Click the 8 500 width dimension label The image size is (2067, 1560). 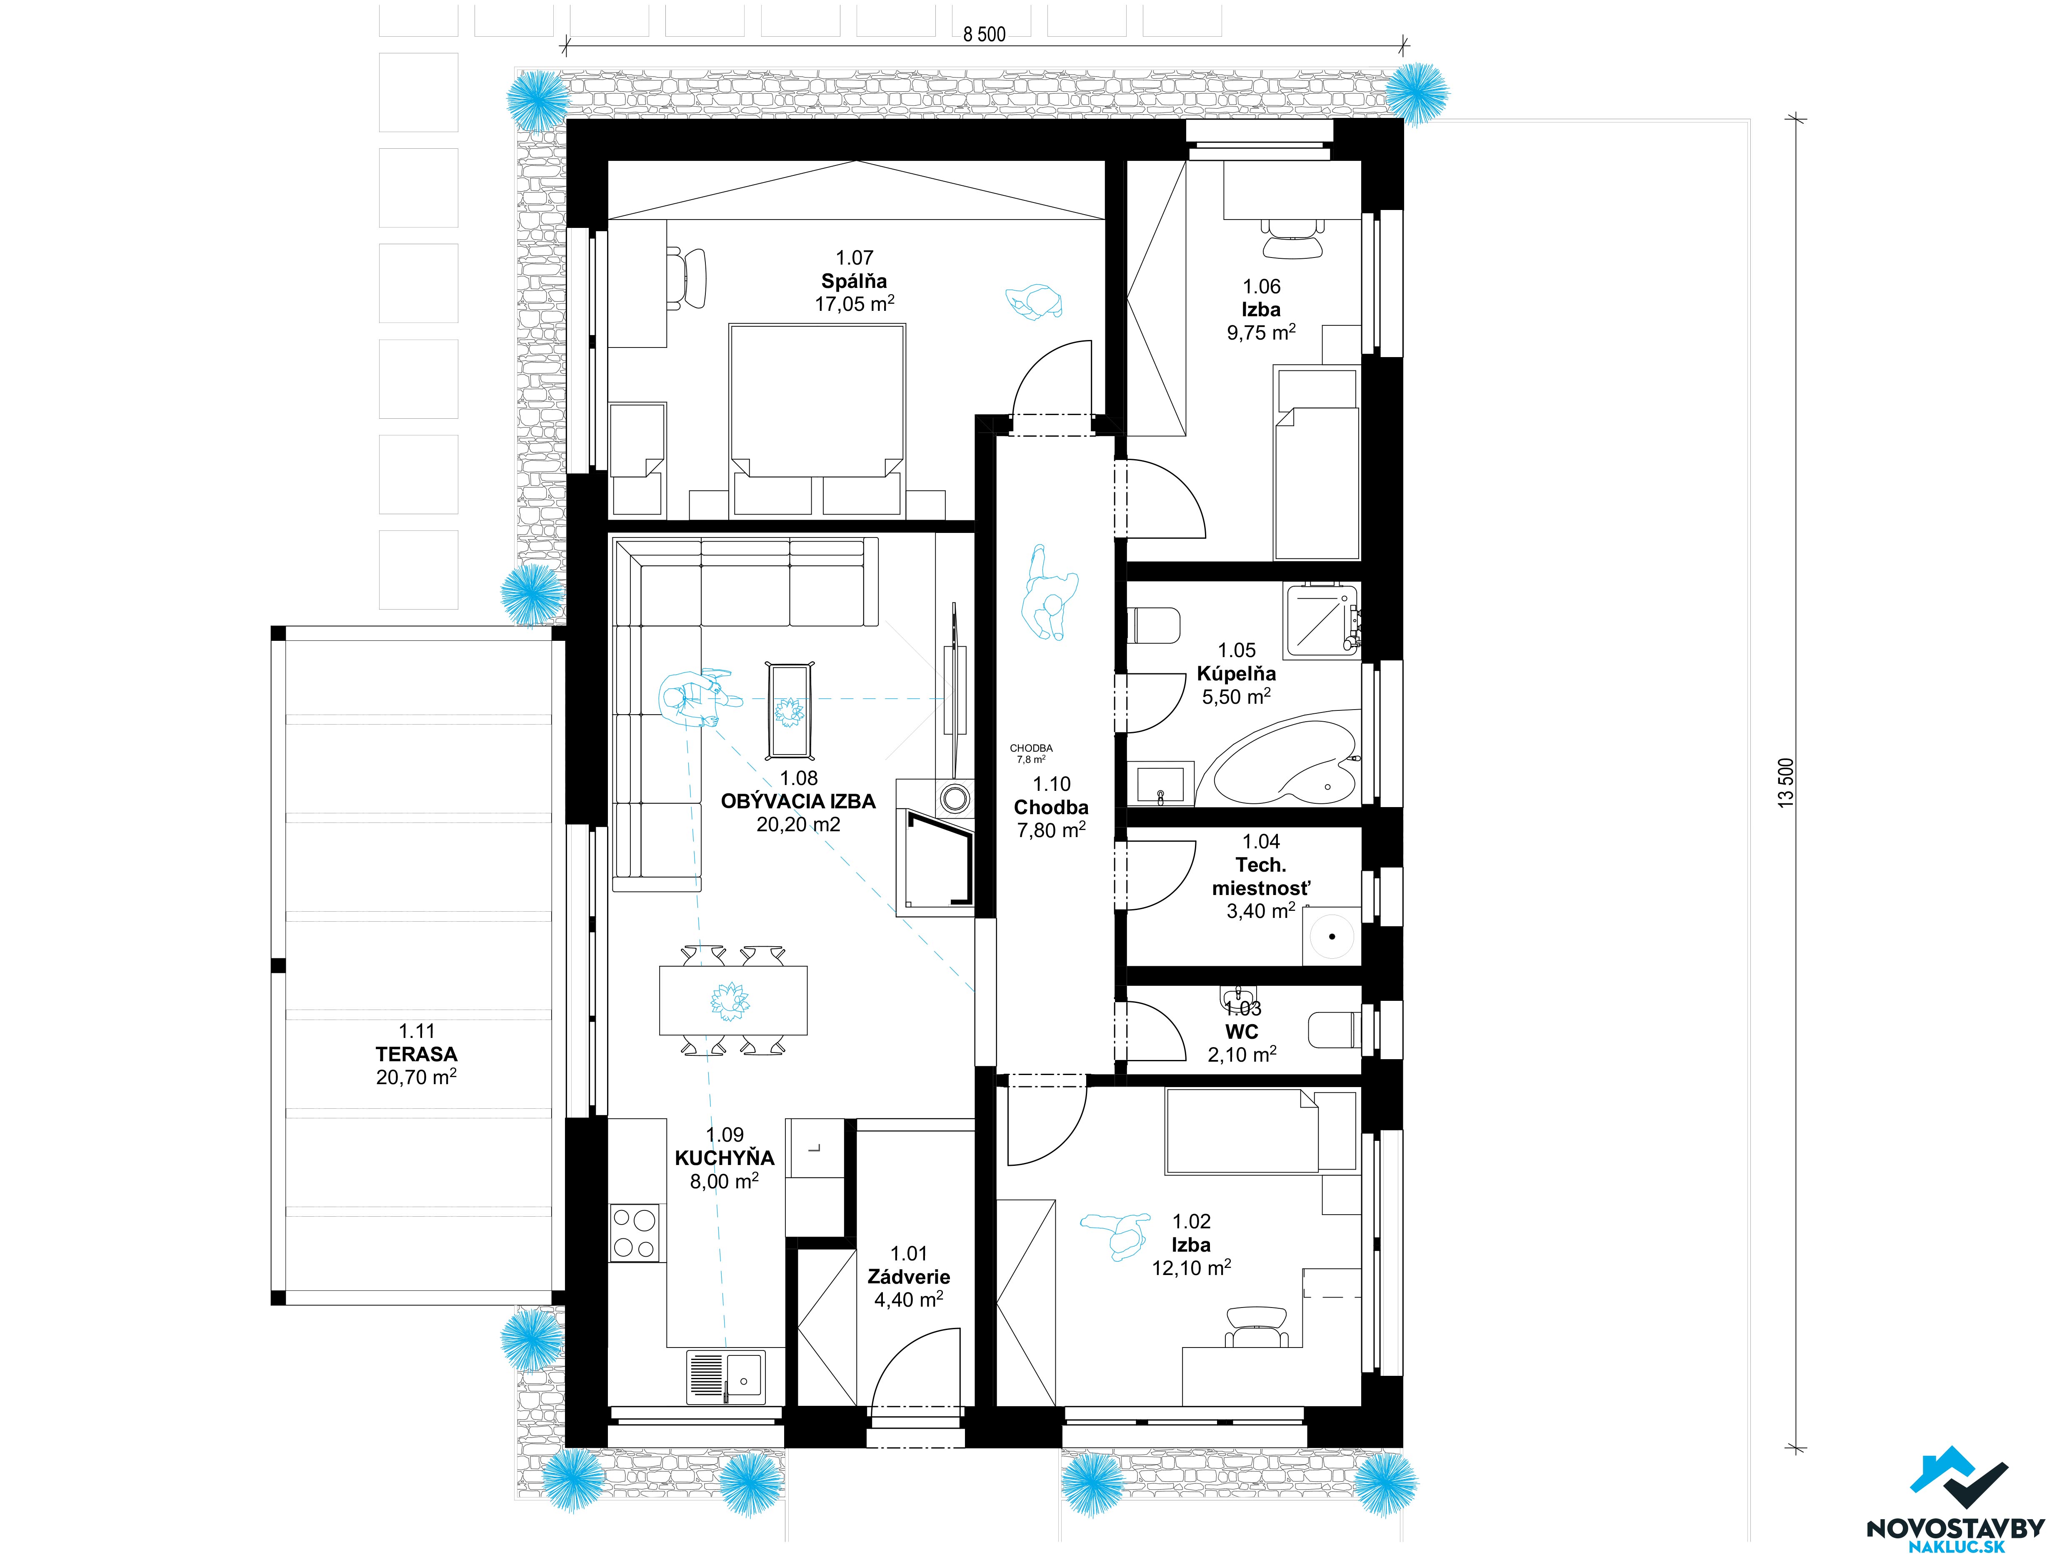click(x=984, y=35)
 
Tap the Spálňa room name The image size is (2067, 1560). click(x=854, y=280)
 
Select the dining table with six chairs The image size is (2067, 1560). click(x=732, y=1000)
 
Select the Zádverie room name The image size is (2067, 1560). click(x=908, y=1277)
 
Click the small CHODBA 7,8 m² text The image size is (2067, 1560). click(x=1031, y=753)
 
